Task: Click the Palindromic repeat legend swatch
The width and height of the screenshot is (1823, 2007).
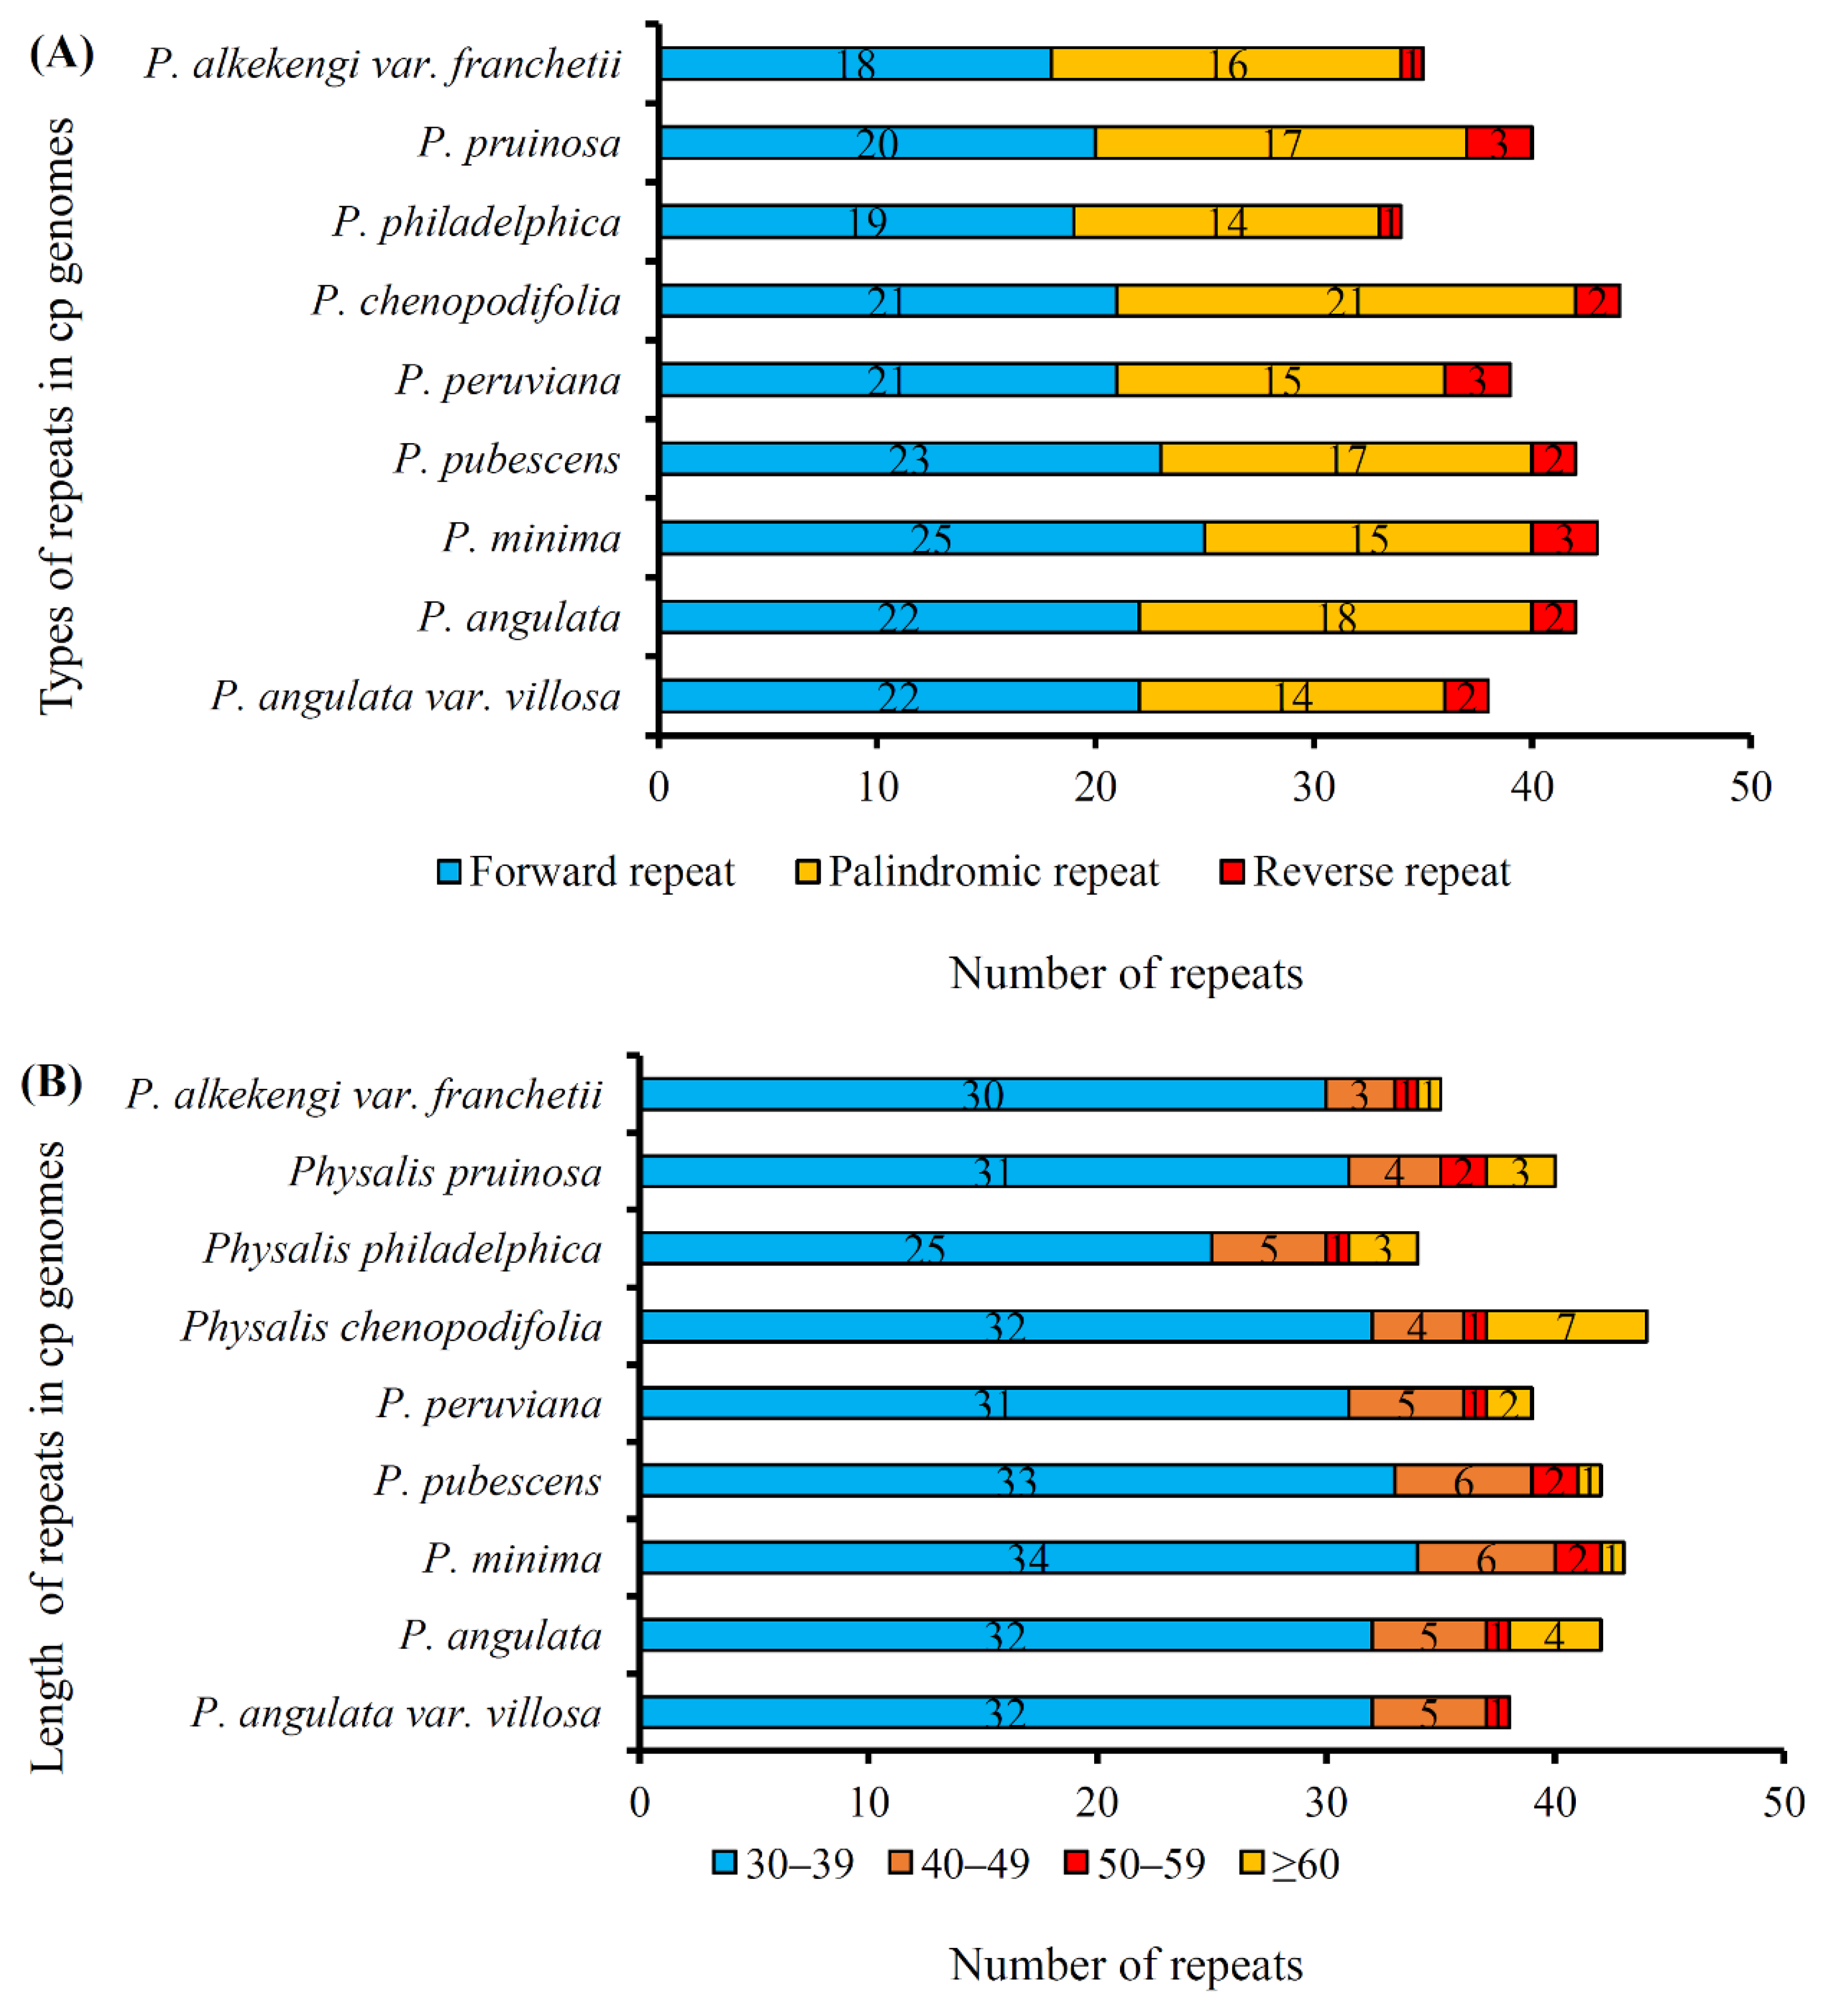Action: tap(807, 872)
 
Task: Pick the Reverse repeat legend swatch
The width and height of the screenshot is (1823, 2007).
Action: tap(1233, 872)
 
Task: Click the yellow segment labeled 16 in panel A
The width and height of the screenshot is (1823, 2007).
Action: tap(1226, 64)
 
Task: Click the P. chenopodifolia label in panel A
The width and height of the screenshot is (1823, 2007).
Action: tap(466, 300)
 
